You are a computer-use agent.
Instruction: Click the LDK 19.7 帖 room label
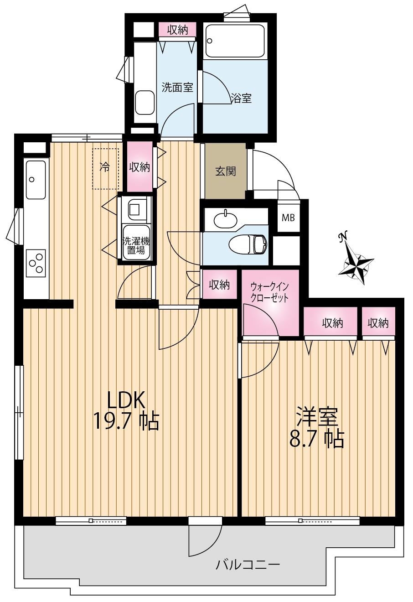tap(126, 411)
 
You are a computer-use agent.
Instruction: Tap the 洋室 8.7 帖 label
tap(316, 428)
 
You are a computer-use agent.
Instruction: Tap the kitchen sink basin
tap(36, 180)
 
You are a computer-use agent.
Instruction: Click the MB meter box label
tap(288, 218)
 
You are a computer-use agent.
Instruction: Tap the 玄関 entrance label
tap(225, 171)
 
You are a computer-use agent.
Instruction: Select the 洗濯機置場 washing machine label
tap(135, 246)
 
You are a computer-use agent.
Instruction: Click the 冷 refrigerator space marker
tap(105, 168)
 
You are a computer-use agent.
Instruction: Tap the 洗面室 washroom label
tap(177, 87)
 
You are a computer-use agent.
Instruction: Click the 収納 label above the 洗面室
tap(177, 30)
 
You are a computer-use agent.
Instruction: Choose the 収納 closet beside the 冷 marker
tap(139, 167)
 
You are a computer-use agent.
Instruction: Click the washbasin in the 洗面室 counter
tap(145, 102)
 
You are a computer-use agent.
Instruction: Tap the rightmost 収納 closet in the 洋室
tap(378, 323)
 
